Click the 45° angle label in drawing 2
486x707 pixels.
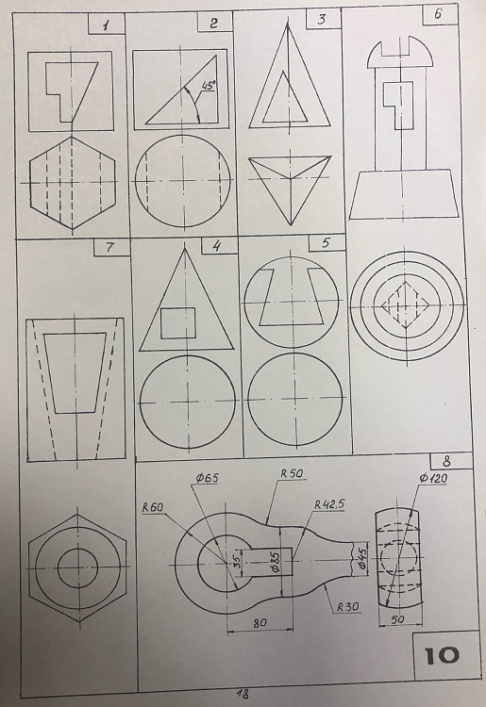tap(208, 86)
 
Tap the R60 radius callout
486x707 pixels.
tap(153, 507)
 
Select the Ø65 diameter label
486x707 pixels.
tap(207, 478)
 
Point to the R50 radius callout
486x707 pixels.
tap(292, 473)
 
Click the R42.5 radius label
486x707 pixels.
tap(329, 504)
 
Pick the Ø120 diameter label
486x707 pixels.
tap(433, 478)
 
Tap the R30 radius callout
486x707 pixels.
tap(347, 607)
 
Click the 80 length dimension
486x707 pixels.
tap(260, 623)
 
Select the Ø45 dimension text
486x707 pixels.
tap(362, 559)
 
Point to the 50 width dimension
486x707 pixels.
tap(397, 619)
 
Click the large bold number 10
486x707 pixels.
tap(442, 655)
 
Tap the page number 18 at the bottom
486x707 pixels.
tap(243, 694)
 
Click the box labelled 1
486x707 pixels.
tap(106, 24)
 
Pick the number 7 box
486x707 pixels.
tap(111, 248)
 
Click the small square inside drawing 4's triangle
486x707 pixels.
tap(178, 322)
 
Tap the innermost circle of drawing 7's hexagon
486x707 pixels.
tap(77, 568)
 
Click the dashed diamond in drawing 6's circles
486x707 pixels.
tap(406, 305)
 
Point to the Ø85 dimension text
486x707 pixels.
tap(277, 560)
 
